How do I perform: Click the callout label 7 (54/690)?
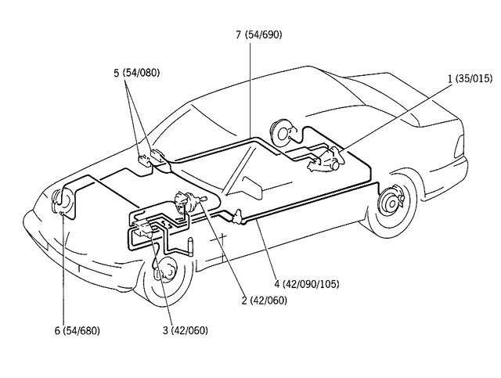point(258,34)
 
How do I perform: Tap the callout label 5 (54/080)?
point(135,73)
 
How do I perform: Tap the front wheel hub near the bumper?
point(165,273)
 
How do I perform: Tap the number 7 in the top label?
point(237,34)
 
